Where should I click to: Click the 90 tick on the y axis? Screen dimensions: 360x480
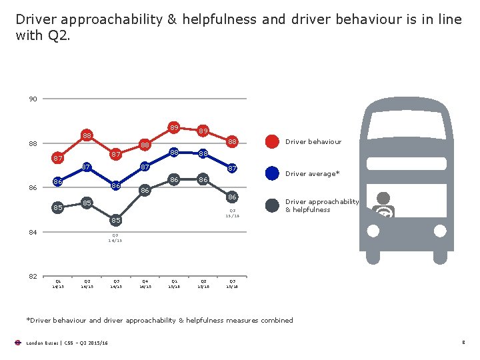[33, 99]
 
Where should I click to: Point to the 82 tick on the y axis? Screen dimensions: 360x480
[33, 276]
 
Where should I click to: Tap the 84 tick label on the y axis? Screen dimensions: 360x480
[33, 232]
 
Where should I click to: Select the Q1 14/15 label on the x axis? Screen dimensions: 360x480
[58, 283]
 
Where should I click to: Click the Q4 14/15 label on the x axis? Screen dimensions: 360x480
[145, 283]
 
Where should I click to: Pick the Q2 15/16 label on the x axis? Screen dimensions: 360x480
[203, 283]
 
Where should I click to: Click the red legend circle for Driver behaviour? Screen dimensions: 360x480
[272, 141]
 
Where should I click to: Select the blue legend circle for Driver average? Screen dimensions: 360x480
[272, 173]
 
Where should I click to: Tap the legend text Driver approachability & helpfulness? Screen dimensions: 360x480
[322, 205]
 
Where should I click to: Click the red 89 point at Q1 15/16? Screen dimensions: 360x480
[173, 127]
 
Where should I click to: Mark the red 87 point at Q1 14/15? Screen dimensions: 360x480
[58, 159]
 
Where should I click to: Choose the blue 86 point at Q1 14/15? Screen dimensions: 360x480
[58, 182]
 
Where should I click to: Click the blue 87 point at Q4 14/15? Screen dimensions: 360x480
[145, 167]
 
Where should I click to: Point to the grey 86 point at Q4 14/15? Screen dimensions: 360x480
[145, 191]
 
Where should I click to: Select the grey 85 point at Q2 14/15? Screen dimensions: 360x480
[87, 202]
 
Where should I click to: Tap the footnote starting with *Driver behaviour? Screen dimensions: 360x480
[159, 320]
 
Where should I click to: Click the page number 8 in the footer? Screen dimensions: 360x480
[463, 343]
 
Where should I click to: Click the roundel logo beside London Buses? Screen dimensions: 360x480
[18, 343]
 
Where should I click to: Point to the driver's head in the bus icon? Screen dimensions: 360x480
[383, 198]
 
